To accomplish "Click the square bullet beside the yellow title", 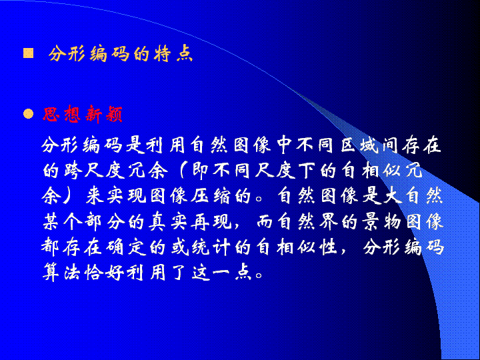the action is point(29,53).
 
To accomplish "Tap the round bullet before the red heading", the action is point(29,114).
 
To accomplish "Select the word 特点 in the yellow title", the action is point(174,53).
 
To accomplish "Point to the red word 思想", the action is point(61,114).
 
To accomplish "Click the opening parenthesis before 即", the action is point(183,170).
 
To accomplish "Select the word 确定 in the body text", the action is point(126,247).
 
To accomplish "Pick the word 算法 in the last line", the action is point(62,272).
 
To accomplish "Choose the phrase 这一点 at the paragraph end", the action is point(222,272).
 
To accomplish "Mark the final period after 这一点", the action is point(259,275).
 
